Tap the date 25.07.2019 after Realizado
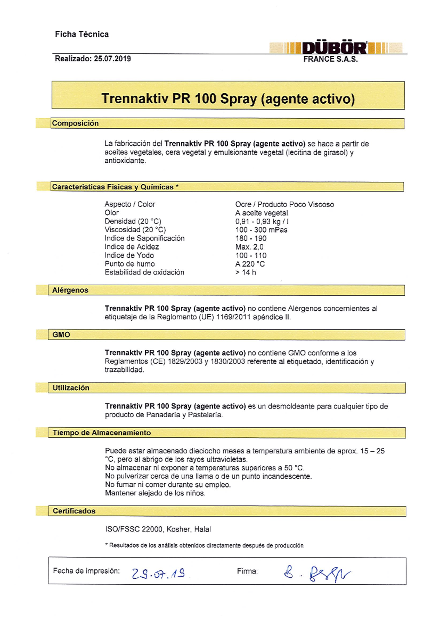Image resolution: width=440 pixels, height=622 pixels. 112,59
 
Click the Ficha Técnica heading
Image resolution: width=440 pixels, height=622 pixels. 82,34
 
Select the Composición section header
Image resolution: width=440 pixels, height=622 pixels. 75,123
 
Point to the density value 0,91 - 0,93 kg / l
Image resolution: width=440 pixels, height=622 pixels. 262,221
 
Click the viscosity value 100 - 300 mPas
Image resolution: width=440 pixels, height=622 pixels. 261,230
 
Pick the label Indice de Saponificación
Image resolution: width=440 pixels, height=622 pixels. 144,238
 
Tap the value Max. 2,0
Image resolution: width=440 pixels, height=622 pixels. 249,247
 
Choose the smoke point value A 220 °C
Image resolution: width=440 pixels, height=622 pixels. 250,264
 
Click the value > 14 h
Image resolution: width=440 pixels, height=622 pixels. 246,272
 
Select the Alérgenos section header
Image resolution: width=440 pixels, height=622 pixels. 70,290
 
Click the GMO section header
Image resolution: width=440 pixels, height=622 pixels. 61,334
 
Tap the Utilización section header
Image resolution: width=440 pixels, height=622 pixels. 71,388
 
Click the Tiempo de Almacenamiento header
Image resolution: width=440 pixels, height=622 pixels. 102,433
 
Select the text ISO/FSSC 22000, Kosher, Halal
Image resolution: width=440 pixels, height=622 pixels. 158,529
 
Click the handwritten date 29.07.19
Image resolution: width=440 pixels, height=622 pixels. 158,573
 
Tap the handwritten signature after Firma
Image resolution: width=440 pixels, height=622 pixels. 317,574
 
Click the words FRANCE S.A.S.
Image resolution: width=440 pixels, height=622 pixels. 330,59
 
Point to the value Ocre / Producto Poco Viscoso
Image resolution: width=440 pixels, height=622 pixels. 285,204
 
